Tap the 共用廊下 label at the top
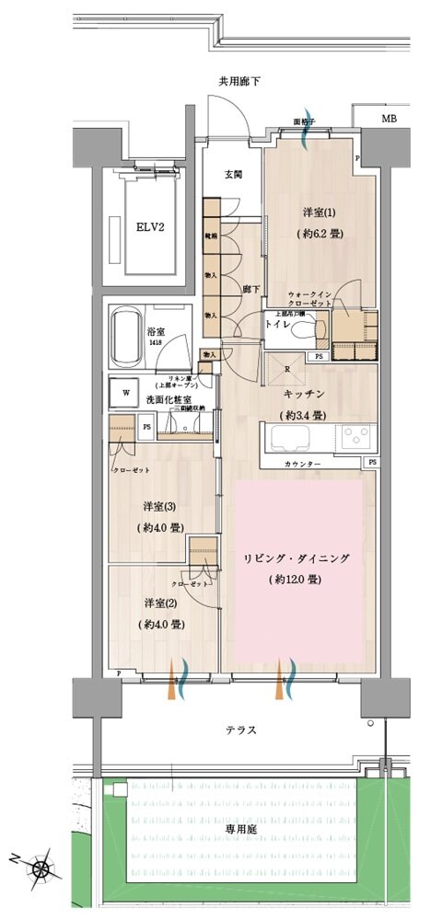pos(239,82)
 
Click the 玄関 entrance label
pos(232,175)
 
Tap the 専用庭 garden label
pos(243,829)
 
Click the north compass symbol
pos(41,867)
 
